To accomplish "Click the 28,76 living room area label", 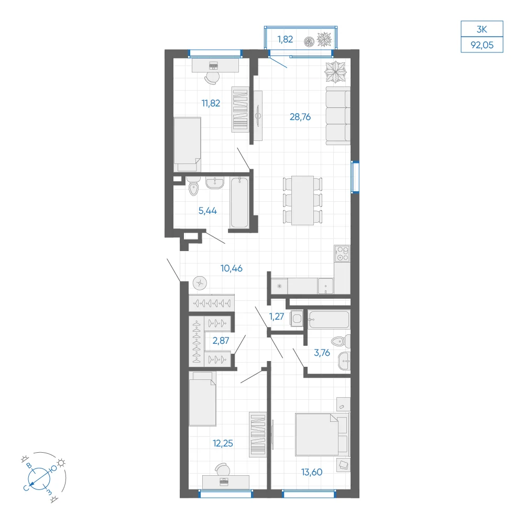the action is click(x=300, y=117).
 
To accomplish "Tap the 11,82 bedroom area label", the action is click(x=211, y=103).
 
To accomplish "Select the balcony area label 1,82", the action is click(x=285, y=39).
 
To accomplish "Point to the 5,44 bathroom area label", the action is click(x=208, y=211).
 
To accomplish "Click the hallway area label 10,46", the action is click(x=231, y=268).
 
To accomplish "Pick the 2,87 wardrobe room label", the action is click(x=221, y=341).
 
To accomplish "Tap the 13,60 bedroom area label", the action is click(x=312, y=472).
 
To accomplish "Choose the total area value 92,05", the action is click(x=482, y=45).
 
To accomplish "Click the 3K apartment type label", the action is click(x=482, y=29).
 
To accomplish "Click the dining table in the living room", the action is click(x=302, y=201).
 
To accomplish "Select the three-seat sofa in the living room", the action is click(x=338, y=116).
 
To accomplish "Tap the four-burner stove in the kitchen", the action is click(x=342, y=254).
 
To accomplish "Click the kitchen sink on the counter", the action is click(x=325, y=286).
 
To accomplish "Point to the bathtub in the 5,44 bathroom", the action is click(x=239, y=203).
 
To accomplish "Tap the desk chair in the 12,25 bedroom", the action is click(x=223, y=470).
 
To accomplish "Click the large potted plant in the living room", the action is click(x=336, y=72).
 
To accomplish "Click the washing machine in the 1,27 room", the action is click(x=297, y=318).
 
